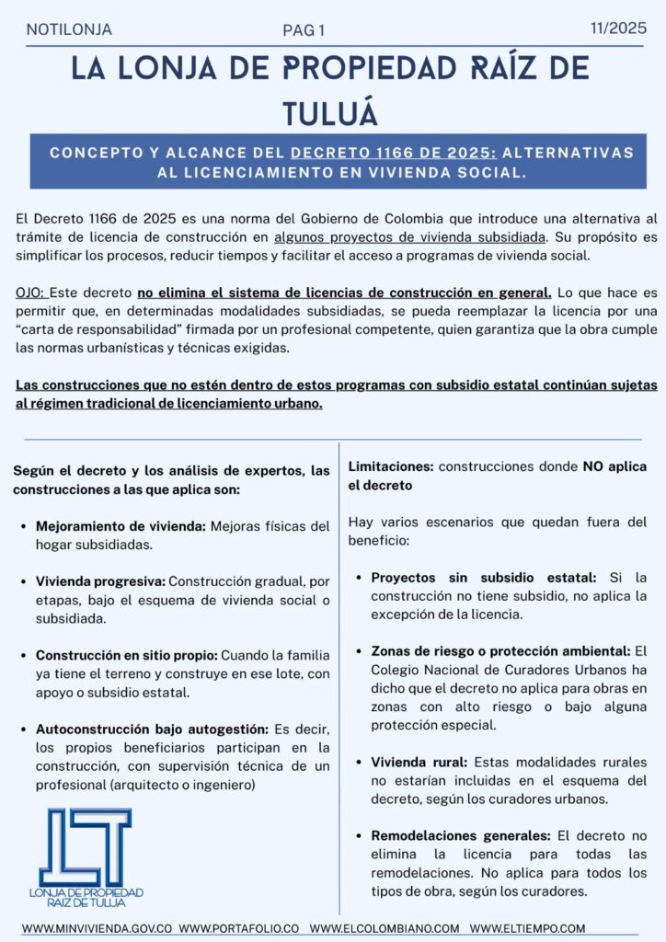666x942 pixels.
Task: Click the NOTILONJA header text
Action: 69,29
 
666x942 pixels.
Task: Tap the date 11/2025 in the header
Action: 618,29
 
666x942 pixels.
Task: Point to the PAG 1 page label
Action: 304,31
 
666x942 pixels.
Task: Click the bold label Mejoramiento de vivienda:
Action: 121,527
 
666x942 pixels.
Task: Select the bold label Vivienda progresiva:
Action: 100,581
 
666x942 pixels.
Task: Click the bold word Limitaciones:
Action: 391,467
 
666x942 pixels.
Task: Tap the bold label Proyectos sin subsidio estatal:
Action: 484,578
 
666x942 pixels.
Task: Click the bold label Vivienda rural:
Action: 420,763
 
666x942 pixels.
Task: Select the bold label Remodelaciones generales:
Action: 460,836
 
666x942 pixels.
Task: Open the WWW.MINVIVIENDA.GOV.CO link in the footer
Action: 98,928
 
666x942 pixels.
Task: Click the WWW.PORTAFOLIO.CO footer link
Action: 239,928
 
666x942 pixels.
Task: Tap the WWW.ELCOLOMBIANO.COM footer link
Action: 384,928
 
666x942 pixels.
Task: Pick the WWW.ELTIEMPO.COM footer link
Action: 526,928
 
